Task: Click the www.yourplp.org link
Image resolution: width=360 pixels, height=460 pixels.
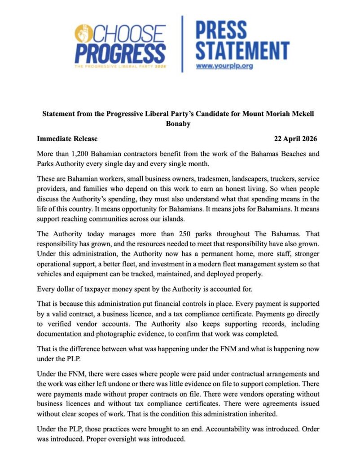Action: pos(224,66)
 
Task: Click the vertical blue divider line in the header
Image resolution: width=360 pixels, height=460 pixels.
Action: pos(182,44)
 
